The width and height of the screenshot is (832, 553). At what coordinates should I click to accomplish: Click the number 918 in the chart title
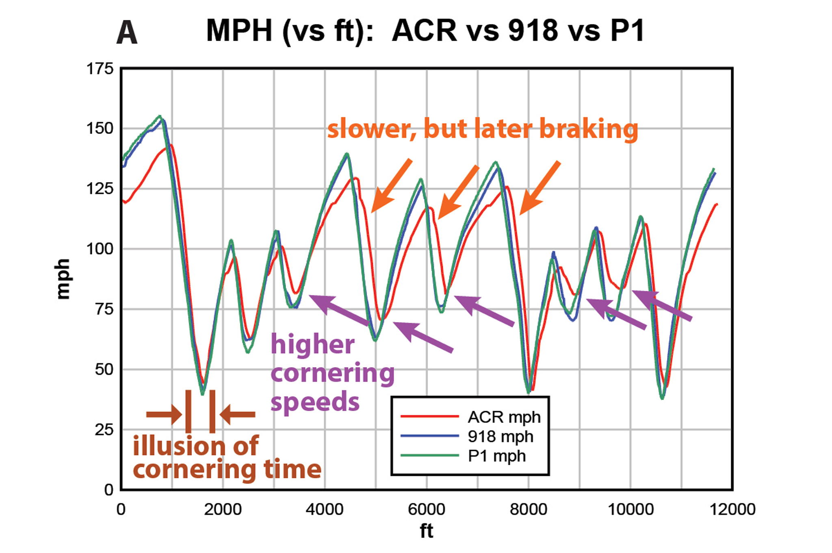[533, 30]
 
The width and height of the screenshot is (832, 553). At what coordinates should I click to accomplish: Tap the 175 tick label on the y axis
[100, 69]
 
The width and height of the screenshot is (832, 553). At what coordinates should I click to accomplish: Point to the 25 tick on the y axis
[104, 429]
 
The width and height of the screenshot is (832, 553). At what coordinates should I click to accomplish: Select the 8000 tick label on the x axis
[529, 509]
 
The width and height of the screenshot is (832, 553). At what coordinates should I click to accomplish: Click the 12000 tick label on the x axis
[732, 509]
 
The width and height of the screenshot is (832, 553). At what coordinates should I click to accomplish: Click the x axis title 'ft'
[427, 531]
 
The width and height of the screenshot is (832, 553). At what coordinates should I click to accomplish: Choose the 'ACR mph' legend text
[504, 417]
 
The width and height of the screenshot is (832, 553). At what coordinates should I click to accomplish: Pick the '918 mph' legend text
[500, 436]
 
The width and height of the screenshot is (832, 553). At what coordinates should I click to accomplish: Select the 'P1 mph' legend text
[497, 456]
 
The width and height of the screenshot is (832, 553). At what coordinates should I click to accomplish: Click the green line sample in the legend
[429, 455]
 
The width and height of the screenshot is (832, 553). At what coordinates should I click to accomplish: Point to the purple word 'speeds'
[315, 403]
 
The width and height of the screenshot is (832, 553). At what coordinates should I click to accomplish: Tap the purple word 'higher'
[312, 345]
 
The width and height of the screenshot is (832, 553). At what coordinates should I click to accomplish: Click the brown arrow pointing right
[164, 414]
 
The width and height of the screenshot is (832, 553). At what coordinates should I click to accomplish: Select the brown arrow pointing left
[238, 414]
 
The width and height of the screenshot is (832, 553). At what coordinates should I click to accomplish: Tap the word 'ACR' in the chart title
[424, 30]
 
